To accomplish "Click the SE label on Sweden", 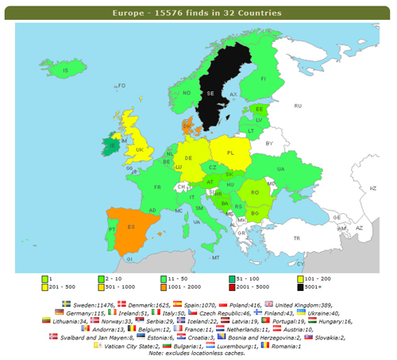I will tap(210, 93).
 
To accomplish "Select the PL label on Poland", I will tap(230, 153).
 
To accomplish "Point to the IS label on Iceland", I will tap(66, 71).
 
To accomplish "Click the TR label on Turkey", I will tap(297, 238).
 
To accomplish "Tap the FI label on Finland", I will tap(263, 79).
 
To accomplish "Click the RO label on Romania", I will tap(255, 192).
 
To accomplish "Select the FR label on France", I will tap(157, 188).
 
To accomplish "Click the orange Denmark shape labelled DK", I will tap(188, 125).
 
